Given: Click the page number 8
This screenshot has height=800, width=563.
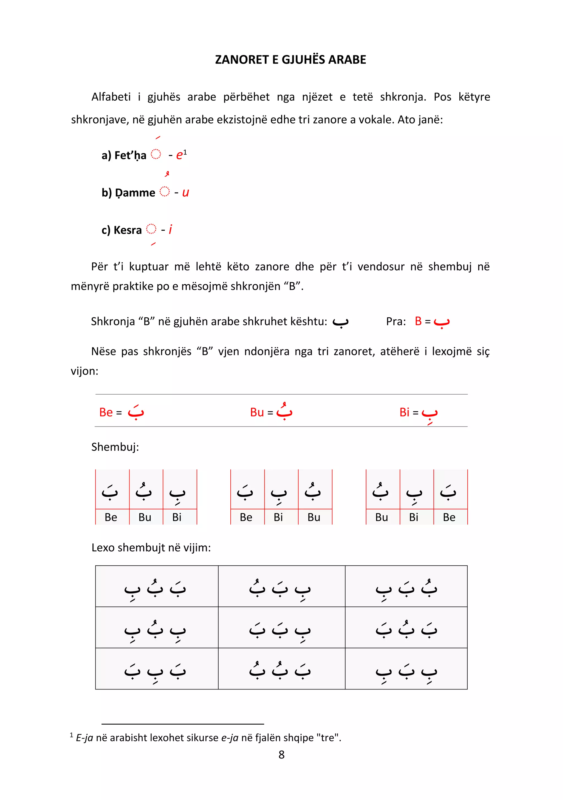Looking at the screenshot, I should tap(281, 754).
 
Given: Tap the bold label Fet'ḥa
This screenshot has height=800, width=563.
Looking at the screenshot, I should tap(130, 155).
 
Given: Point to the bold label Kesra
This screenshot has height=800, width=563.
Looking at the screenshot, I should tap(127, 230).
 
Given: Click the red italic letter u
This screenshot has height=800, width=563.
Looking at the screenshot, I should tap(185, 193).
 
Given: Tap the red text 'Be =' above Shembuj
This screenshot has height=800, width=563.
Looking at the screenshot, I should tap(111, 412).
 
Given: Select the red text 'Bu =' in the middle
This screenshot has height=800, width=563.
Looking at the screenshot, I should tap(261, 412).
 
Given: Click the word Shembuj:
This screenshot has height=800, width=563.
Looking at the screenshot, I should tap(115, 447).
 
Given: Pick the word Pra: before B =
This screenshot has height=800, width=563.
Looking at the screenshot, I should tap(396, 321).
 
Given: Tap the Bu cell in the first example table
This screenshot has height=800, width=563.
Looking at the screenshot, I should tap(145, 517).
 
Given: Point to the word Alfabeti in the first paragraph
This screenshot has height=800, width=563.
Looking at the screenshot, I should tap(111, 97).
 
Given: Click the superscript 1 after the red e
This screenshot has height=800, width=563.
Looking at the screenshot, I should tap(185, 152).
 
